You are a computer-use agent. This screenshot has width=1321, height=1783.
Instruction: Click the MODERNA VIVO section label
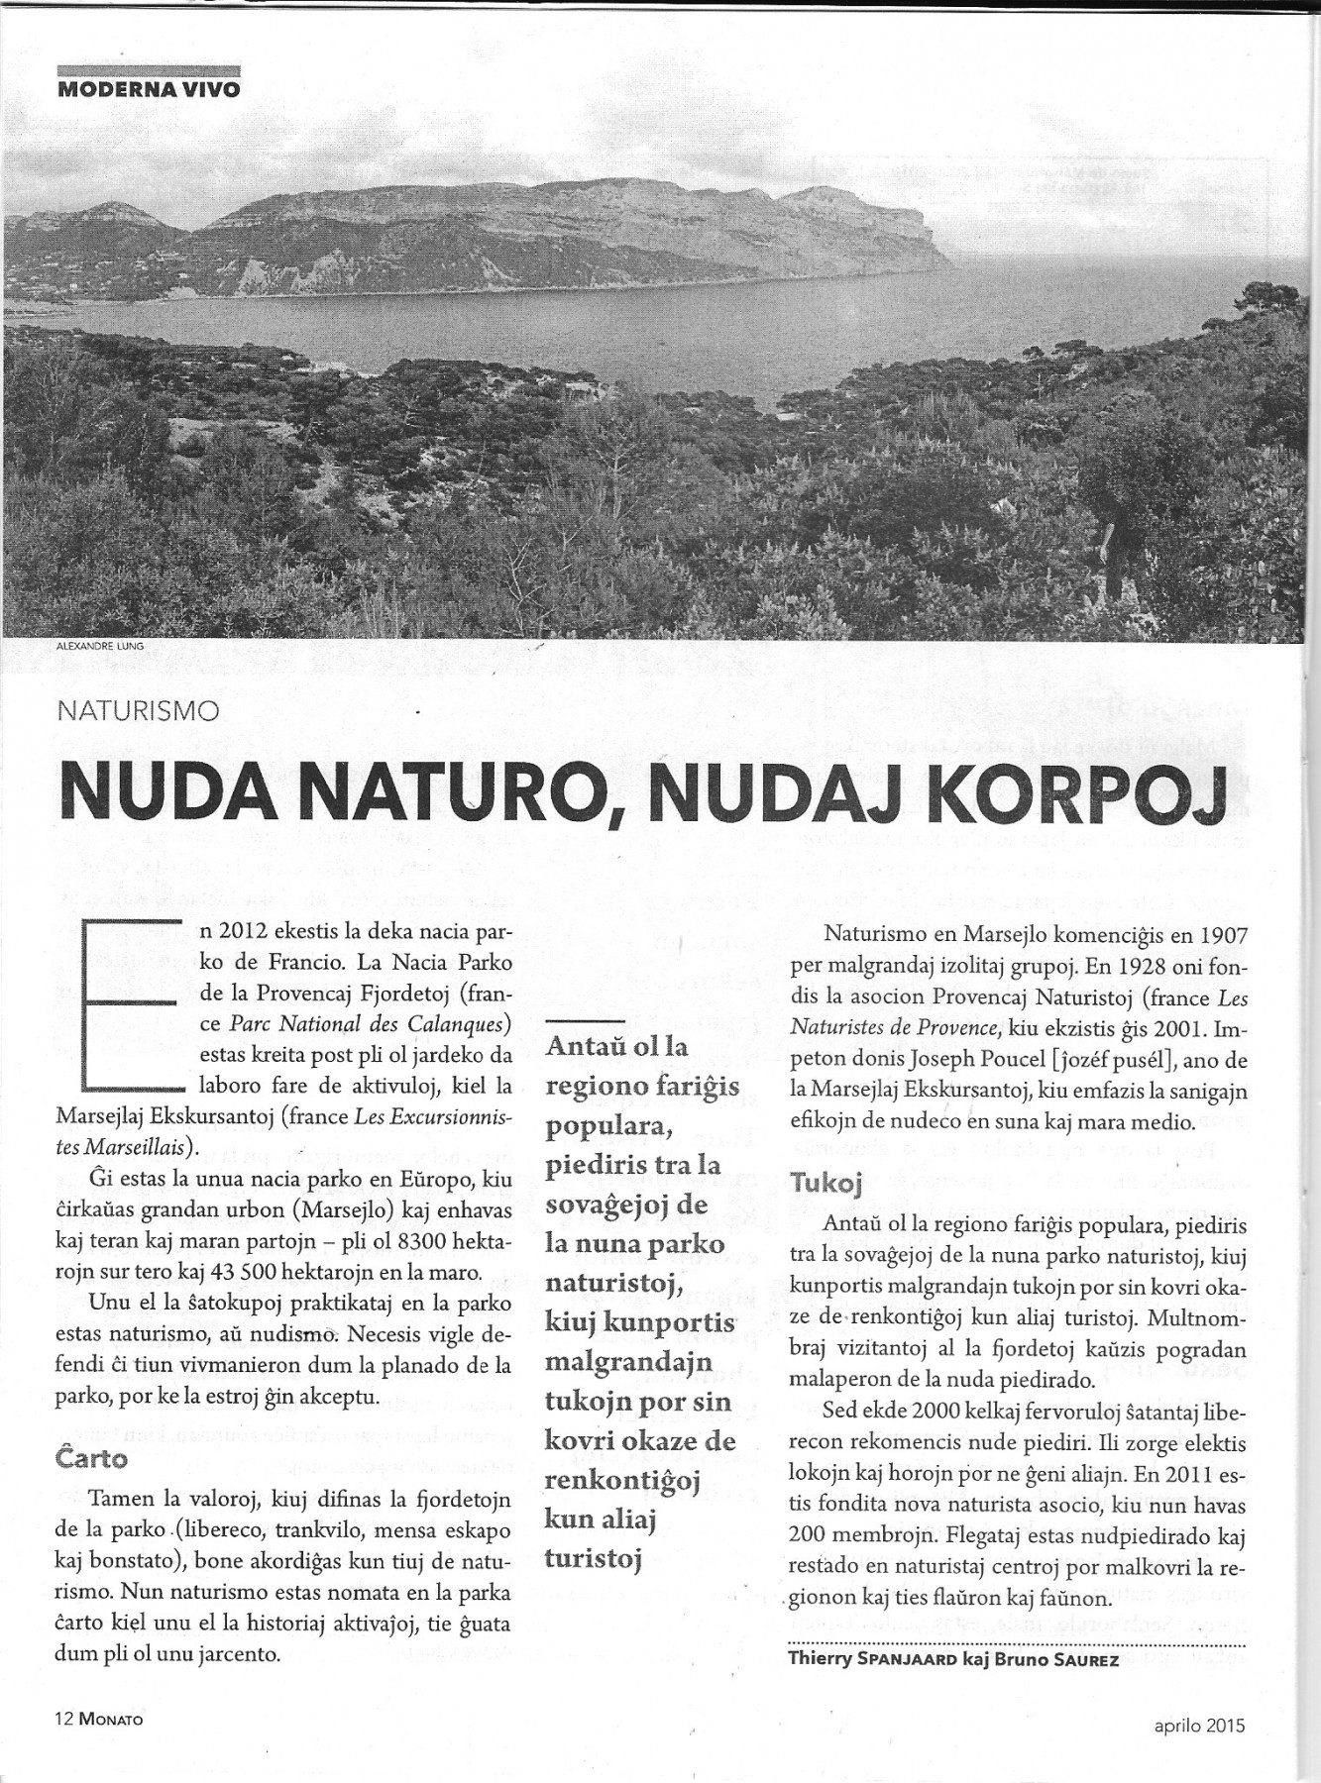point(149,86)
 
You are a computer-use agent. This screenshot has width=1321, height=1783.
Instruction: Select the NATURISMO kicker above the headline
point(138,710)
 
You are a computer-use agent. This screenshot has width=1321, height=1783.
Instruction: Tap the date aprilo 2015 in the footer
point(1198,1751)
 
